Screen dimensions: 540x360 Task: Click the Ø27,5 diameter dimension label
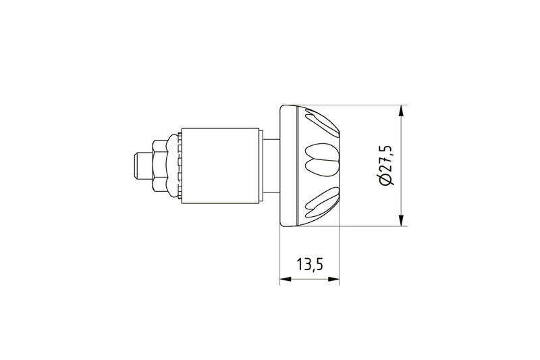click(x=385, y=165)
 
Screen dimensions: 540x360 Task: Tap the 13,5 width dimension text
click(x=310, y=265)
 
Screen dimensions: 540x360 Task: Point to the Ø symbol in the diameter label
click(x=385, y=180)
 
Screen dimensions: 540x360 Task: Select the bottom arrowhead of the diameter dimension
click(x=400, y=220)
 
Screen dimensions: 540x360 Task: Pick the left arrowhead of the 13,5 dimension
click(x=286, y=279)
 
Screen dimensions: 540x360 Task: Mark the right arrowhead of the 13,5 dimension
click(x=333, y=279)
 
